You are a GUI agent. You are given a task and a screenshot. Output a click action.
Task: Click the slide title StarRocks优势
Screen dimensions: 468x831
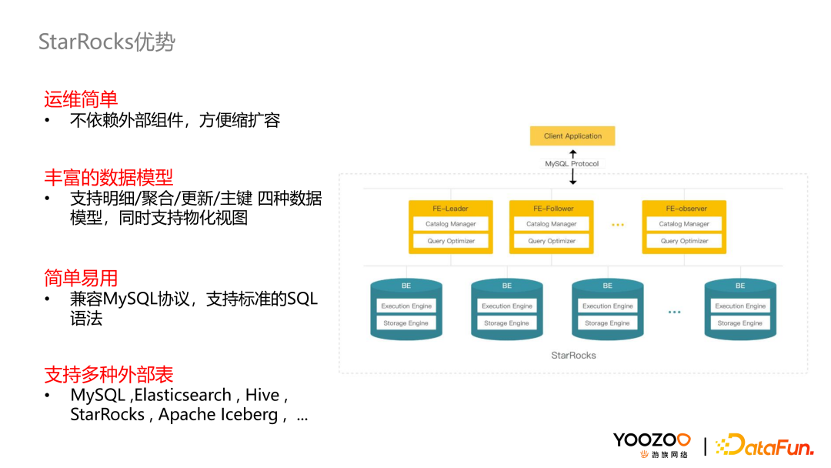tap(107, 42)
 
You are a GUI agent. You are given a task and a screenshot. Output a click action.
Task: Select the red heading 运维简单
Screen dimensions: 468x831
tap(81, 99)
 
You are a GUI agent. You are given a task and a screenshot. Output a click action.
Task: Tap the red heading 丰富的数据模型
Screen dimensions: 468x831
tap(108, 177)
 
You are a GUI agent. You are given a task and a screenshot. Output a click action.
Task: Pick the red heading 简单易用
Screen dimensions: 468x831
tap(81, 278)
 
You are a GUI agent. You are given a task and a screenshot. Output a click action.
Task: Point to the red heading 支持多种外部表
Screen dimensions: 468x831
tap(108, 375)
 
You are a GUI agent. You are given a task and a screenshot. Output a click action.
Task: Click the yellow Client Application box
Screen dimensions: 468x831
tap(572, 136)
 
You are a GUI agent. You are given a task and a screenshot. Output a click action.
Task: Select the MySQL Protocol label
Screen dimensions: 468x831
tap(572, 164)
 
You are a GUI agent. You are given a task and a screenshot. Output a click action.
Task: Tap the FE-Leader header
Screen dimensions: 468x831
tap(450, 209)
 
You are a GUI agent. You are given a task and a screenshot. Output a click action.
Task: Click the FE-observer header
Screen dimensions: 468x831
tap(684, 209)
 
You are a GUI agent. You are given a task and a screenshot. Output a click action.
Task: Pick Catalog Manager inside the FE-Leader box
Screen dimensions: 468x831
tap(451, 224)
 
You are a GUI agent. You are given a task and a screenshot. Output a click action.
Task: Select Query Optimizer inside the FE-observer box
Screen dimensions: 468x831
tap(684, 241)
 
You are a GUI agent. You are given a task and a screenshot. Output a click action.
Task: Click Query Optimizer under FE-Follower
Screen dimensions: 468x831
tap(551, 241)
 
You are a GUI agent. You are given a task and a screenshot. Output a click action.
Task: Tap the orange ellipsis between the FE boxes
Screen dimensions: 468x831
tap(617, 225)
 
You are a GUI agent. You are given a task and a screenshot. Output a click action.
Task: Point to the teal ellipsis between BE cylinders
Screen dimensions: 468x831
tap(674, 312)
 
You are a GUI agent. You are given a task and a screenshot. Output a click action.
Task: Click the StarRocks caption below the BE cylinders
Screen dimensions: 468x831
tap(573, 355)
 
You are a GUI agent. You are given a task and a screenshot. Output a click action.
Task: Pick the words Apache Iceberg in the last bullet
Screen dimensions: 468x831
tap(218, 415)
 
